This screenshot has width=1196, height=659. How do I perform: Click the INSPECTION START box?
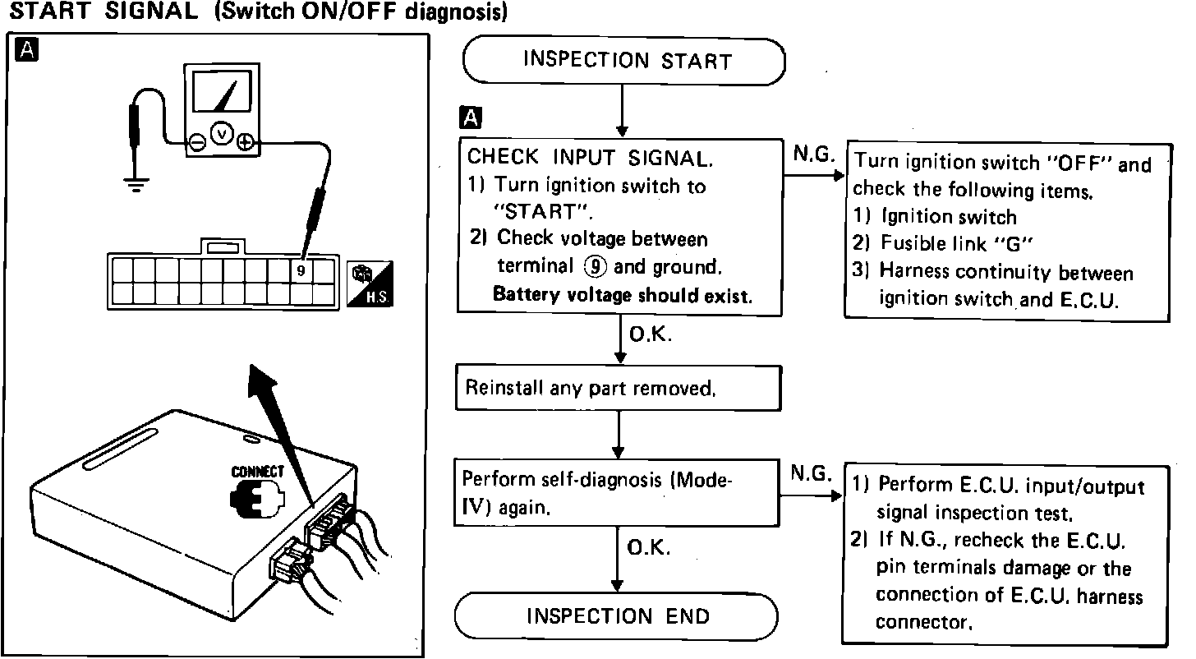point(624,61)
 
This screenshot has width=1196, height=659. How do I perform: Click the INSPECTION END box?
point(616,615)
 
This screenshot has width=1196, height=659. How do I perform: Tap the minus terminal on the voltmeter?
point(198,142)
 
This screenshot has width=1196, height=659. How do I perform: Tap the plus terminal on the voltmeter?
point(245,142)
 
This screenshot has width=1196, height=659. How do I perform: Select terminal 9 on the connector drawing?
point(301,270)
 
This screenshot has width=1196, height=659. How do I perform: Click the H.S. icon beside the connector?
point(370,283)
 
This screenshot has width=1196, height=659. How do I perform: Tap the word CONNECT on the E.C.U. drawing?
point(257,472)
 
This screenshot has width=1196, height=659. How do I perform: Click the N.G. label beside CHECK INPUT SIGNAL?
point(814,154)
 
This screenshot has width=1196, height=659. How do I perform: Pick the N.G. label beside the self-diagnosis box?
point(811,473)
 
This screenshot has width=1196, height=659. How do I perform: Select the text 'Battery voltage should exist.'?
point(622,295)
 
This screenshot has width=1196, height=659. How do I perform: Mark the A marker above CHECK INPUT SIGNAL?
point(471,118)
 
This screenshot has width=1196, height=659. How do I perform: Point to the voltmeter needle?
point(233,92)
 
